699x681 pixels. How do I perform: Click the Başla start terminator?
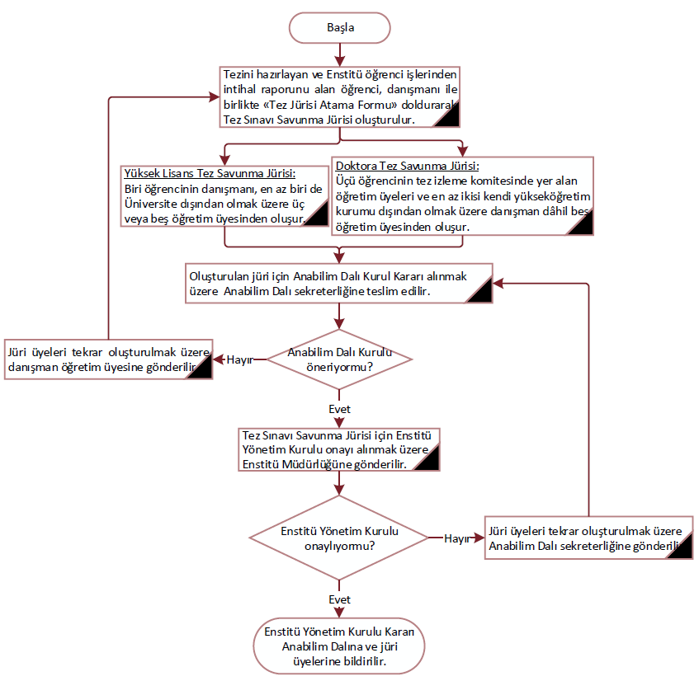coord(340,27)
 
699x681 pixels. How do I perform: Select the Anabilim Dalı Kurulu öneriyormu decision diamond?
coord(339,359)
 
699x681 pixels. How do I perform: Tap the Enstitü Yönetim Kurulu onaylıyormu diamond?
coord(339,538)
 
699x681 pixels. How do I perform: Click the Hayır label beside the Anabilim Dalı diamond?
coord(240,359)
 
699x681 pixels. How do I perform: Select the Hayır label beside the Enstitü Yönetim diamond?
coord(456,538)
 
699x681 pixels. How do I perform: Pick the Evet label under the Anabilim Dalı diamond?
coord(339,409)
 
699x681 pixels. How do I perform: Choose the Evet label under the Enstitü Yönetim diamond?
coord(339,599)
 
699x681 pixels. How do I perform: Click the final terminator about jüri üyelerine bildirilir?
coord(339,646)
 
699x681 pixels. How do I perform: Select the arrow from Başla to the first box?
coord(340,54)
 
